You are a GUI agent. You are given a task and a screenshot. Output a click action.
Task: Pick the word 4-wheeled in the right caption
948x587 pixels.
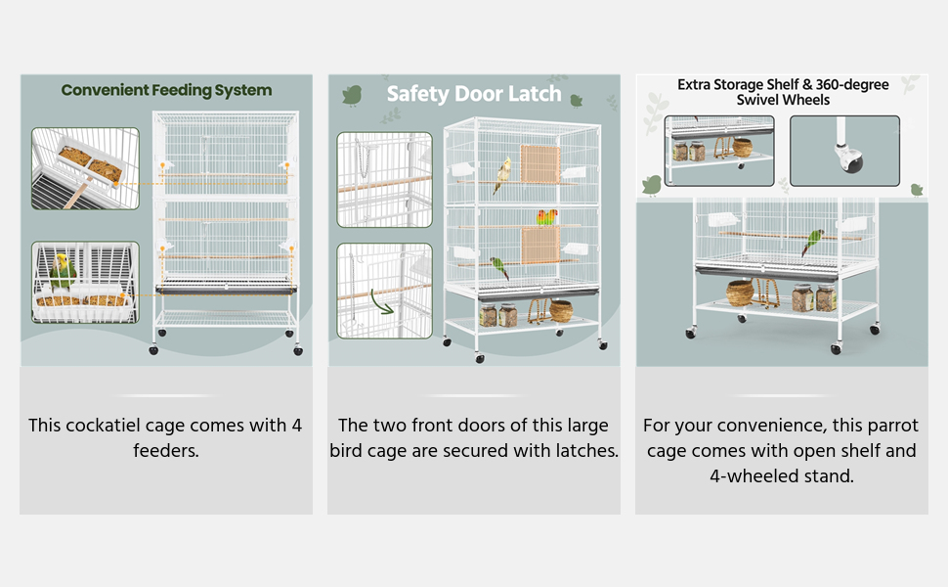(x=752, y=476)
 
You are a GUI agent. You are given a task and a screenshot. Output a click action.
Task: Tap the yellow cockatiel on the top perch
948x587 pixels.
(x=504, y=173)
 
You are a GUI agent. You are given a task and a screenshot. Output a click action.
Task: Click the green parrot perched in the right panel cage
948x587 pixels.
(x=812, y=242)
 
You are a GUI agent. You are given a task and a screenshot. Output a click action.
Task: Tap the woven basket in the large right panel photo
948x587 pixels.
(x=740, y=292)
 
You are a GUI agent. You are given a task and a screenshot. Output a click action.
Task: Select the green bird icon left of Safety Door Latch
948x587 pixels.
(x=352, y=95)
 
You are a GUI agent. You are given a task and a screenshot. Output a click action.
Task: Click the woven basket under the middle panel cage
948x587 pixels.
(x=561, y=311)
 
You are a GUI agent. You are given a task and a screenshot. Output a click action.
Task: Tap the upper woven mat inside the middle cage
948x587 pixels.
(x=539, y=163)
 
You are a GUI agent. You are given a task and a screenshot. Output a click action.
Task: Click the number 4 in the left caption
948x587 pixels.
(x=296, y=426)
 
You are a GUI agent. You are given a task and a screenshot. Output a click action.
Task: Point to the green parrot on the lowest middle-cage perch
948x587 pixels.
(x=499, y=267)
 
